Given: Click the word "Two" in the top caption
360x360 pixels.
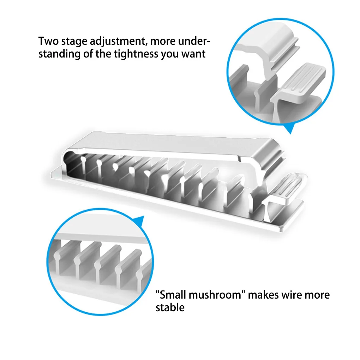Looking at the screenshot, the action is [x=48, y=41].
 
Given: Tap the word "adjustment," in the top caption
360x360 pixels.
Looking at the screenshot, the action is [x=119, y=42].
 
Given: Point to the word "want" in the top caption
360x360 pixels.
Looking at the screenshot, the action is [x=193, y=54].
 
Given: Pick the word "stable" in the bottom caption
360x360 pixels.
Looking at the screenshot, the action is [x=170, y=308].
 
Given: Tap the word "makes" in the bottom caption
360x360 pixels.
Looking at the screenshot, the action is [x=264, y=295].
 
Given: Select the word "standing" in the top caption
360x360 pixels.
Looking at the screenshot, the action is [x=59, y=54].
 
